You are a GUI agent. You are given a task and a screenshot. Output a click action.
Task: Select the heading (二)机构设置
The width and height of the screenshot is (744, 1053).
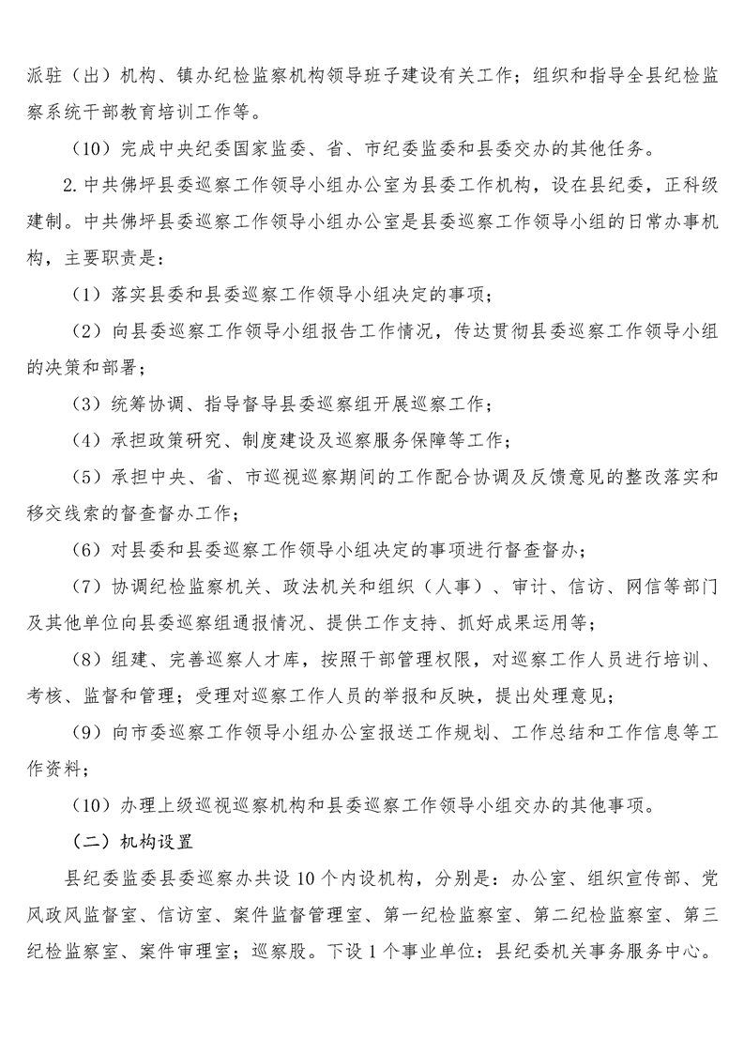click(131, 841)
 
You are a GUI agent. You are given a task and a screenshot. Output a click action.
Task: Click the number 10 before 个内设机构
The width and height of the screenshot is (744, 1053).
click(306, 878)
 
